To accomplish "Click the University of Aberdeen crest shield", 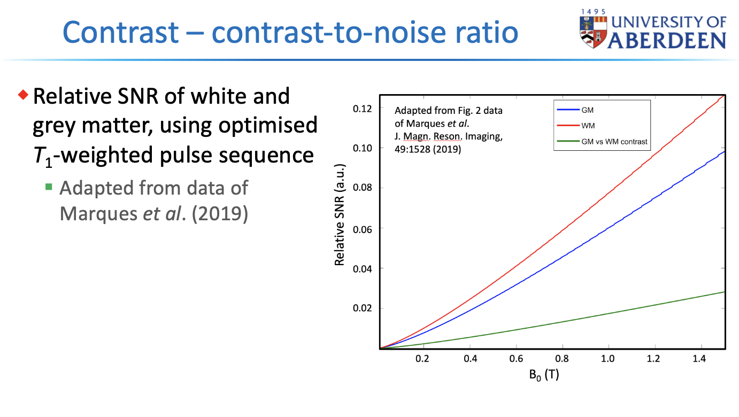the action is tap(593, 32).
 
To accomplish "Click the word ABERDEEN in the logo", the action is tap(667, 41).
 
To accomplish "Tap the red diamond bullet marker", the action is tap(23, 95).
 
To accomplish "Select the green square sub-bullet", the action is tap(49, 187).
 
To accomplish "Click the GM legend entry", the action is tap(575, 110).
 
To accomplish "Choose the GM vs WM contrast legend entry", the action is tap(602, 142).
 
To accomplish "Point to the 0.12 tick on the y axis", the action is tap(362, 109).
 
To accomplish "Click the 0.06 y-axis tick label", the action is tap(362, 229).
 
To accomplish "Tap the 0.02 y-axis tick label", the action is tap(362, 308).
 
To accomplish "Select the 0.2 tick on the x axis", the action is tap(422, 359).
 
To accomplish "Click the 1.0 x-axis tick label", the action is tap(607, 359).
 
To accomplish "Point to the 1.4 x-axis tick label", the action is tap(699, 359).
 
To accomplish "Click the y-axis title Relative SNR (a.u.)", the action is tap(340, 215).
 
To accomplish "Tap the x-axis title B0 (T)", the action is tap(544, 375).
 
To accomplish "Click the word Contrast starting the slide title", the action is tap(120, 32).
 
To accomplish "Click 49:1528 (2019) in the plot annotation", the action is tap(428, 149).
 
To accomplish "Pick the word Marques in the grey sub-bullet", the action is tap(98, 214).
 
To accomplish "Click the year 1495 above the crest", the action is tap(594, 12).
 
